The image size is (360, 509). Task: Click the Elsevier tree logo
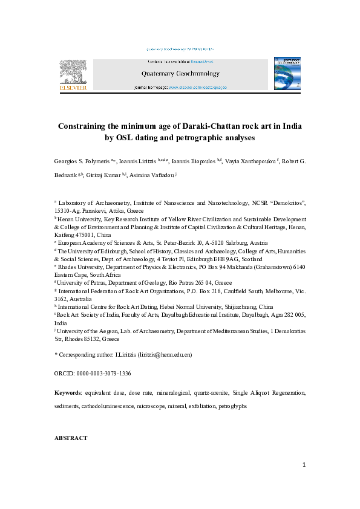tap(72, 73)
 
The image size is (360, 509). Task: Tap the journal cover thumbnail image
tap(287, 74)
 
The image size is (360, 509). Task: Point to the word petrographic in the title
tap(195, 137)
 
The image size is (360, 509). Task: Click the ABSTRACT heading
tap(71, 438)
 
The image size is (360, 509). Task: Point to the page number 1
tap(304, 464)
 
